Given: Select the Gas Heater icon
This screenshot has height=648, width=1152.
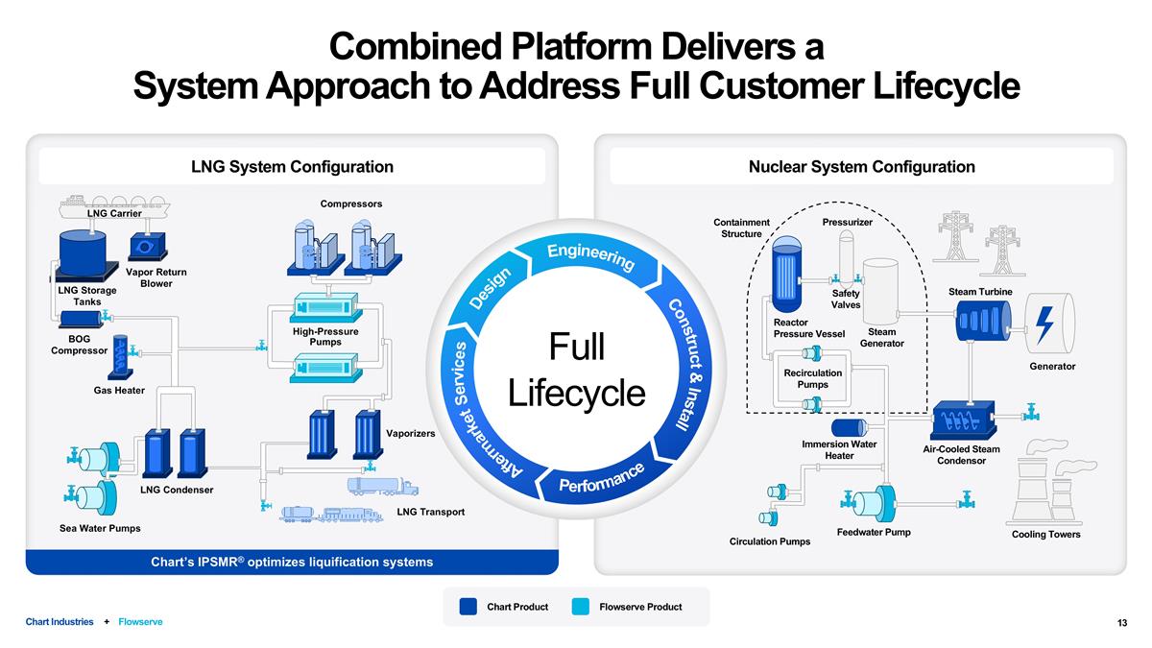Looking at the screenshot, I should click(120, 355).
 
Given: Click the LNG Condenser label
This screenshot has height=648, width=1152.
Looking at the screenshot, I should click(176, 491).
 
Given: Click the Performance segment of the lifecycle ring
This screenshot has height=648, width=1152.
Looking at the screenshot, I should click(601, 476).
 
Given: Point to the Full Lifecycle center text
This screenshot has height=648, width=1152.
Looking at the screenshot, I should click(576, 370).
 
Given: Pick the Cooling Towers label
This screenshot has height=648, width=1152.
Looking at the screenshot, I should click(1045, 535).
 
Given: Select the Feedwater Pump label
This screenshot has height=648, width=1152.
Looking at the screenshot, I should click(874, 532).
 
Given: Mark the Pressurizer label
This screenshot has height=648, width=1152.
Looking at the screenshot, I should click(847, 222).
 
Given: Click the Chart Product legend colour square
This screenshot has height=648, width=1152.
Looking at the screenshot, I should click(468, 607).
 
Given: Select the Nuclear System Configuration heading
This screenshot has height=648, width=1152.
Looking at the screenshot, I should click(861, 167).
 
